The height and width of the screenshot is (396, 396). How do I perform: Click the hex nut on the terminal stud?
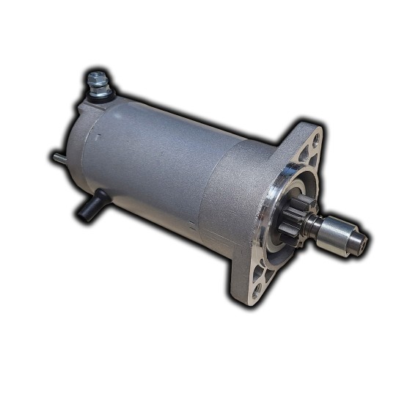(x=97, y=78)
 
